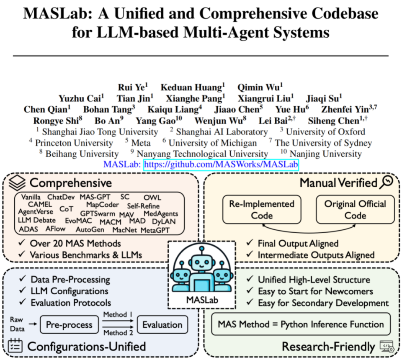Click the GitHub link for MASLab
pos(221,165)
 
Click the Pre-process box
pos(69,325)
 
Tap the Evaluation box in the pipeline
pos(162,325)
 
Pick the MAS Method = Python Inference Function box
pos(301,324)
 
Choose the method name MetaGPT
pos(156,230)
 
